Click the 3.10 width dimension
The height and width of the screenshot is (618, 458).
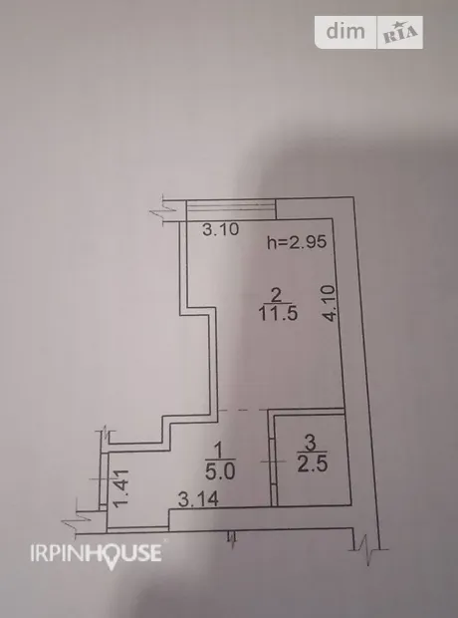tap(220, 229)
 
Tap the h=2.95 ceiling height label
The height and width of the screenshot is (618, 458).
tap(297, 242)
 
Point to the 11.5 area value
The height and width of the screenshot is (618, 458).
tap(278, 314)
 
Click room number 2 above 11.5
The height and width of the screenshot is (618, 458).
tap(277, 295)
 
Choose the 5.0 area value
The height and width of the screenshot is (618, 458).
tap(220, 471)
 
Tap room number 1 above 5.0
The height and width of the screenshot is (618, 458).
tap(219, 450)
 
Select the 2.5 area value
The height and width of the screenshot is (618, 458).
tap(313, 463)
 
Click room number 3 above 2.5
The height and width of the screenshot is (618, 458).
tap(311, 443)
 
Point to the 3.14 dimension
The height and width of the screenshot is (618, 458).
tap(198, 499)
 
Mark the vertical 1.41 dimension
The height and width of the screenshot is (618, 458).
tap(120, 488)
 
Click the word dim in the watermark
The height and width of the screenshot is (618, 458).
tap(345, 31)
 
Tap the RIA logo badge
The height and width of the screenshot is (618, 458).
tap(400, 32)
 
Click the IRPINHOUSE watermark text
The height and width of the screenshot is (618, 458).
tap(97, 553)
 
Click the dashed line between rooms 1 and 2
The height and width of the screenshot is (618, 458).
tap(243, 411)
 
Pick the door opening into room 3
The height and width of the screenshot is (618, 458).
tap(273, 462)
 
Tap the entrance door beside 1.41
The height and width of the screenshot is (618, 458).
tap(104, 478)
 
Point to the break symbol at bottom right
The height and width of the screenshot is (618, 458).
tap(367, 548)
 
